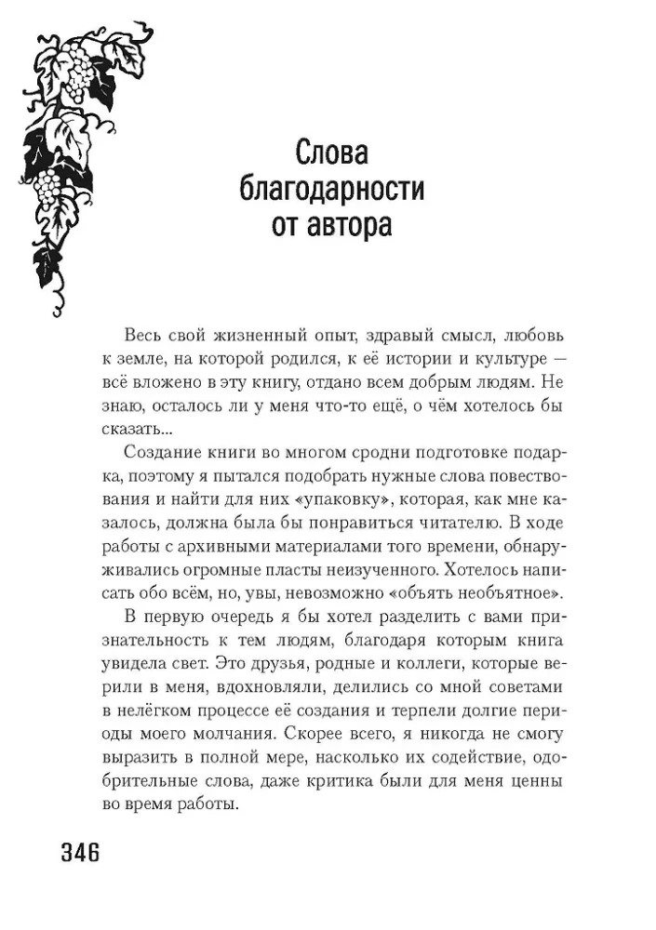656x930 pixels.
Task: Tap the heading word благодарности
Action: (332, 191)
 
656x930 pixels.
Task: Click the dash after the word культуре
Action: (557, 358)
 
